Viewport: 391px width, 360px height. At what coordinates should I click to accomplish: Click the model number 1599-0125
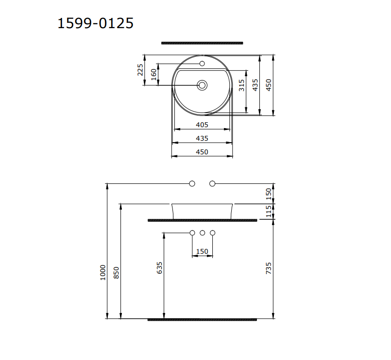pyautogui.click(x=95, y=23)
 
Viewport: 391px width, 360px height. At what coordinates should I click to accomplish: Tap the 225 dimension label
pyautogui.click(x=140, y=69)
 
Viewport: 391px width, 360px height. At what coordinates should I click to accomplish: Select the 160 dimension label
pyautogui.click(x=153, y=74)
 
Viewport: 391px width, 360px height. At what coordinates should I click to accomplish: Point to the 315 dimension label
pyautogui.click(x=241, y=85)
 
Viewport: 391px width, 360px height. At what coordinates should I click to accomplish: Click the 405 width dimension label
pyautogui.click(x=202, y=125)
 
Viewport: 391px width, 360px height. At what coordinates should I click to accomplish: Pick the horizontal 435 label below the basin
pyautogui.click(x=202, y=138)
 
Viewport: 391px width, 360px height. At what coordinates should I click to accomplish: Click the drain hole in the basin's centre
pyautogui.click(x=203, y=85)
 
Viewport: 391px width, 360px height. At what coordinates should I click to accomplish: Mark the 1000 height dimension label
pyautogui.click(x=102, y=272)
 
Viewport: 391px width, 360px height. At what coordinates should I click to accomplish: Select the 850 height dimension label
pyautogui.click(x=116, y=272)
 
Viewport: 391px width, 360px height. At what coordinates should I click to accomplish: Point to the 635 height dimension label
pyautogui.click(x=160, y=267)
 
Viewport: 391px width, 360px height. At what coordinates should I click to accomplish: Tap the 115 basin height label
pyautogui.click(x=269, y=211)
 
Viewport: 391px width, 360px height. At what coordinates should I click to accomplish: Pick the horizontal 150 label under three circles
pyautogui.click(x=202, y=251)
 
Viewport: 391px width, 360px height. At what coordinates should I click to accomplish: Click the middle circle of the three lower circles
pyautogui.click(x=203, y=233)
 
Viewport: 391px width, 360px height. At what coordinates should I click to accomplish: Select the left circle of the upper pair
pyautogui.click(x=192, y=183)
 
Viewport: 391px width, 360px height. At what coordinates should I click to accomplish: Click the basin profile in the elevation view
pyautogui.click(x=203, y=211)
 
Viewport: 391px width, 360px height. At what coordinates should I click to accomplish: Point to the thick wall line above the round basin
pyautogui.click(x=202, y=43)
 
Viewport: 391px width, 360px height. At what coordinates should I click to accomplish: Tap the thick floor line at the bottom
pyautogui.click(x=202, y=319)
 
